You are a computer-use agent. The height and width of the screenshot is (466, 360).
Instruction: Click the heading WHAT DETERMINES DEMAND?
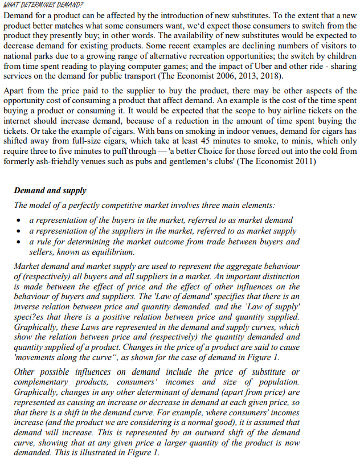pos(43,5)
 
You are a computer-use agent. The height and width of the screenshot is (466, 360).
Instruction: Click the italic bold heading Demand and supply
pos(50,191)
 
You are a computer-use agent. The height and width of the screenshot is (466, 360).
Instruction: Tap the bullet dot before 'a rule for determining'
pos(21,242)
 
